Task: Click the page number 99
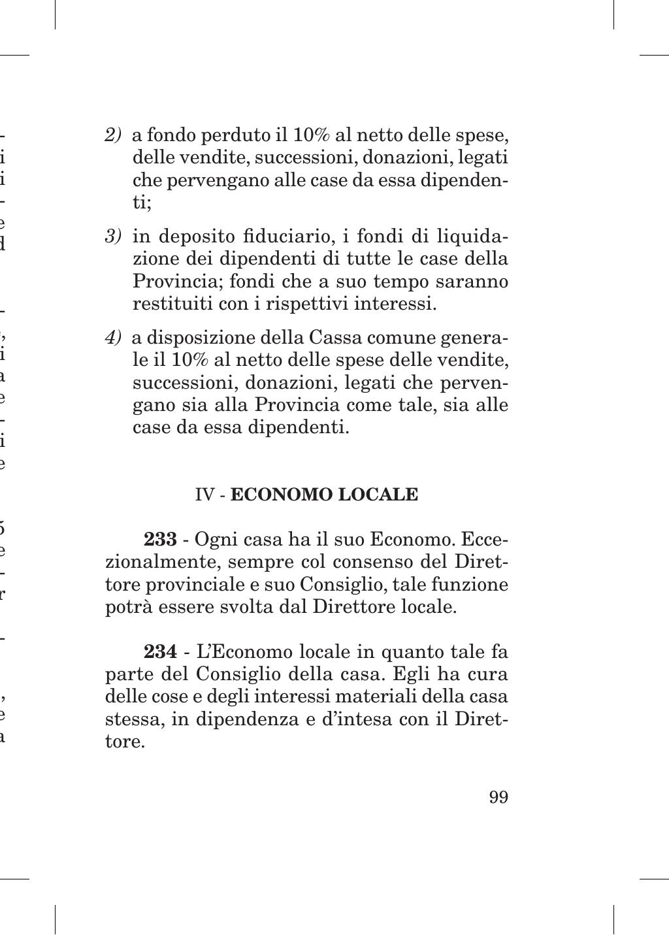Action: click(498, 798)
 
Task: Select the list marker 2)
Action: click(113, 135)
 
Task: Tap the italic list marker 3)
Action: click(113, 236)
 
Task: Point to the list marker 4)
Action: click(113, 338)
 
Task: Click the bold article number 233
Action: click(160, 540)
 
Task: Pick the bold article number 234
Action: click(160, 652)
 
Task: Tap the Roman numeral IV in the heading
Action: click(205, 495)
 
